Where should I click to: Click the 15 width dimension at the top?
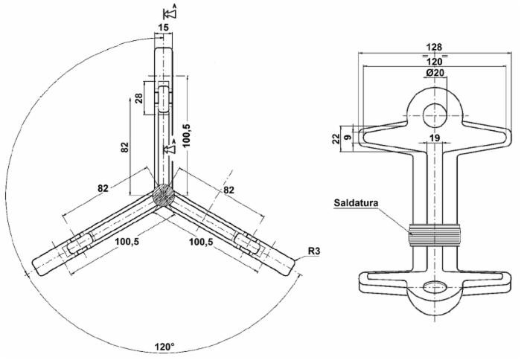click(x=163, y=28)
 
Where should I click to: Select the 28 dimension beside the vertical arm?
click(x=139, y=100)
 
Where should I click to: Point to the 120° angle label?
click(x=164, y=347)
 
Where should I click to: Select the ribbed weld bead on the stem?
click(x=435, y=236)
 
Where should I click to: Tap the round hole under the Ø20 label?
click(x=435, y=115)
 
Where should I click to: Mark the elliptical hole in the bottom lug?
click(x=435, y=289)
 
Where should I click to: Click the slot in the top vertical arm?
click(x=163, y=98)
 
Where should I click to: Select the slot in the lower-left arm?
click(x=77, y=246)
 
